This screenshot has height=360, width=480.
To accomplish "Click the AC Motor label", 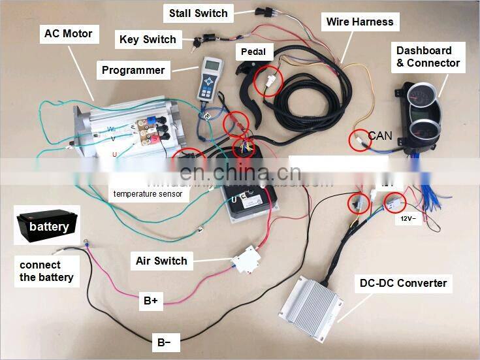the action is (68, 33).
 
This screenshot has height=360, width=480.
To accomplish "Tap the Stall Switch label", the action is (198, 13).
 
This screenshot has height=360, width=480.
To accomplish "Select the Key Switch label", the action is (148, 39).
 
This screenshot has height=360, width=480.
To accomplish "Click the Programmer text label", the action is (133, 70).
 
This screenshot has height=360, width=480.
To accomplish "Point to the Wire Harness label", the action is (360, 22).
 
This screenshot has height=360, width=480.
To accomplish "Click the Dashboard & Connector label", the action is (428, 57).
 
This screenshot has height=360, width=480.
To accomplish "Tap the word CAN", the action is (380, 136).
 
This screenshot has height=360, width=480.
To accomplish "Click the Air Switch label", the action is (161, 261).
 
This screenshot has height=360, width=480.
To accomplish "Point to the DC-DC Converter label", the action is (404, 283).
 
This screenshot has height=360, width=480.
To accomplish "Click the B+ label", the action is (150, 301).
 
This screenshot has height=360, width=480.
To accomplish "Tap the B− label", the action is (163, 341).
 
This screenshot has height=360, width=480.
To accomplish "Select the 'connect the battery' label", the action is (46, 271).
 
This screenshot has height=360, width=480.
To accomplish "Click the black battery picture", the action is (48, 225).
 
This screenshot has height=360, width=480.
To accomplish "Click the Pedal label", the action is (253, 51).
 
